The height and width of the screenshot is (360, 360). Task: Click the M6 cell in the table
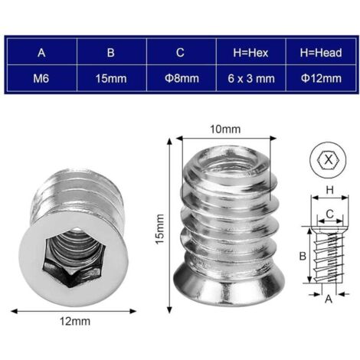tap(41, 79)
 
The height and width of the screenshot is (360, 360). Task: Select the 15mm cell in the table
tap(110, 79)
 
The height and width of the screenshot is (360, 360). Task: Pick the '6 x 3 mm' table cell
tap(250, 79)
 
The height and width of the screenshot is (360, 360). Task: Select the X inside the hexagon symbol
tap(329, 159)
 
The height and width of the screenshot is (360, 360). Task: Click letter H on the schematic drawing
tap(329, 189)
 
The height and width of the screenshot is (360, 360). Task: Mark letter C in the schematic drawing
tap(329, 214)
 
